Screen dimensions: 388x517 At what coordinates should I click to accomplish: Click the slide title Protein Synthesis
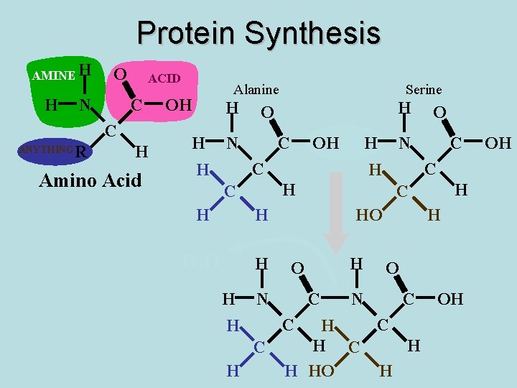258,32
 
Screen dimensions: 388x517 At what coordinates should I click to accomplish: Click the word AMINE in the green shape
53,75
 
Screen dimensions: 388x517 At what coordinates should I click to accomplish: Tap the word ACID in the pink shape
164,78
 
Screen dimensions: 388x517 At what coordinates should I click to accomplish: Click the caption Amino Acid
90,180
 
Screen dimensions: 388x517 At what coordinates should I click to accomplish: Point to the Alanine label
256,90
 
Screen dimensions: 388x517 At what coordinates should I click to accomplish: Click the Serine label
423,90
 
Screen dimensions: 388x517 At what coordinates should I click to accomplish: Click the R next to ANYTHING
80,152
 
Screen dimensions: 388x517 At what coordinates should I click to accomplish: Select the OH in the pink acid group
179,105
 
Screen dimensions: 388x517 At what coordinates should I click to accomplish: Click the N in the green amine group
85,106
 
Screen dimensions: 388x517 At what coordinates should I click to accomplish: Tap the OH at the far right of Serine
498,143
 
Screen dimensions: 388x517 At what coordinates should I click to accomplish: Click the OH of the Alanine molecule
325,143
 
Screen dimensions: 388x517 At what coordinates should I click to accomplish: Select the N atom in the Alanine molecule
233,143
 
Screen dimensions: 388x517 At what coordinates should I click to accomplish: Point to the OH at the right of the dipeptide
450,298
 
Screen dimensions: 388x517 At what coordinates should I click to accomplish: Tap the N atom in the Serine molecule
404,143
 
